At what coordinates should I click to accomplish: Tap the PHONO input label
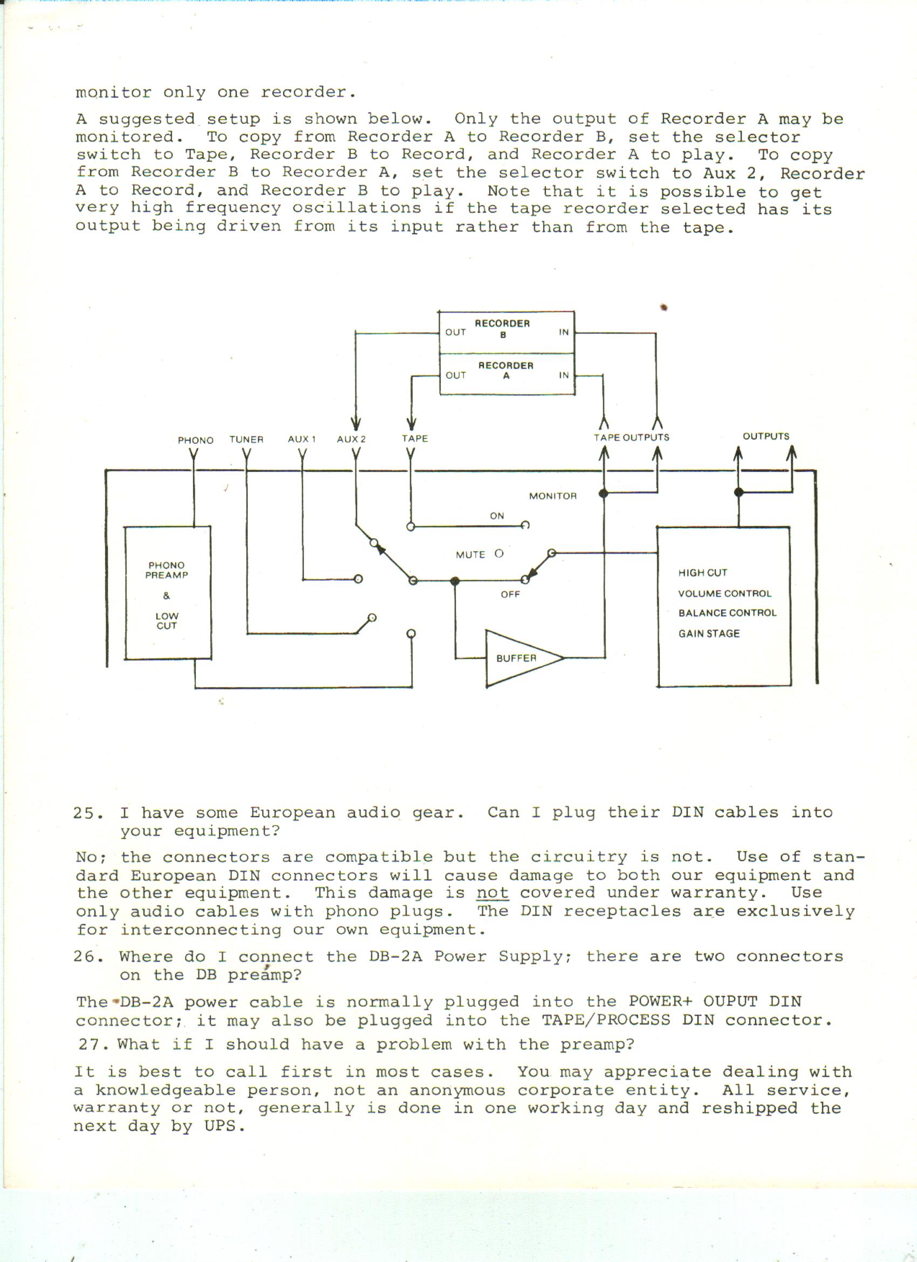[195, 440]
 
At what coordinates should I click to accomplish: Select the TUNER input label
[247, 439]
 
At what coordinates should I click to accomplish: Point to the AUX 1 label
[302, 439]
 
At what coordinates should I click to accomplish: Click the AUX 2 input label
[351, 439]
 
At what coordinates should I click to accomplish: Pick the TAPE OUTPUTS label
[631, 437]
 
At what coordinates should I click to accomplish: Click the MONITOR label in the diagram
[552, 496]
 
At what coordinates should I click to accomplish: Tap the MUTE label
[470, 555]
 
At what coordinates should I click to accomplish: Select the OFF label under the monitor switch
[510, 594]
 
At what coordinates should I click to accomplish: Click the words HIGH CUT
[702, 573]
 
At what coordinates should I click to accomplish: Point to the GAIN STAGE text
[708, 633]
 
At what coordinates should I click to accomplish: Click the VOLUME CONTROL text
[724, 593]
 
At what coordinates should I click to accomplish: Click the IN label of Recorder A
[564, 375]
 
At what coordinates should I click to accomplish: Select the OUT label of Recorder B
[455, 332]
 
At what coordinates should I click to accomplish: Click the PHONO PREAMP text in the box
[166, 570]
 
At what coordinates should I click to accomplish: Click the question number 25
[87, 813]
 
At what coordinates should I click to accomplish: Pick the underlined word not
[492, 893]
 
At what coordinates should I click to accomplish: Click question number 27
[92, 1044]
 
